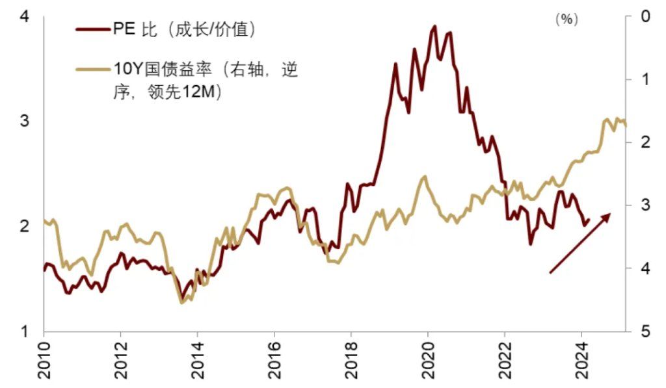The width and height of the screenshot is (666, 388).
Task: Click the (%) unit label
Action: point(566,19)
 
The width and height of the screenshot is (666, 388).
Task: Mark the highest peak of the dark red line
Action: point(434,26)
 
